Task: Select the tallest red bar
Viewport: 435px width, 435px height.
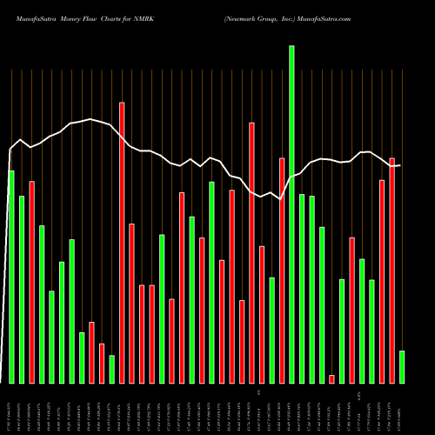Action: coord(122,243)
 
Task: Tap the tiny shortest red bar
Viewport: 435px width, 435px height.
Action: coord(331,378)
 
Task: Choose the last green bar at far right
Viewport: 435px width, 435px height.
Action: coord(402,366)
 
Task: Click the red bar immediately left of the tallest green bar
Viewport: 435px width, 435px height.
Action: coord(282,270)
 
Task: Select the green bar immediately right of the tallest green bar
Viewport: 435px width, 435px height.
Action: coord(302,288)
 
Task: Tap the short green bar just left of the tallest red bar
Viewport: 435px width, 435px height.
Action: coord(111,369)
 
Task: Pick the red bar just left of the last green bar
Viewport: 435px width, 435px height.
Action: coord(392,270)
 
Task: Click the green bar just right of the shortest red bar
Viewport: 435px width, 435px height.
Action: coord(342,331)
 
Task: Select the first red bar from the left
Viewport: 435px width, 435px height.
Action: coord(31,282)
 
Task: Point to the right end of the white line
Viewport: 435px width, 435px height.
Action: coord(399,165)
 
